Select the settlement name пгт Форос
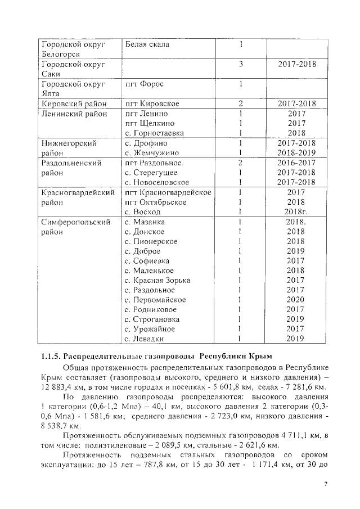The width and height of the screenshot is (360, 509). (x=144, y=84)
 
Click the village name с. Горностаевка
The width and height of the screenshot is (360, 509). (x=154, y=133)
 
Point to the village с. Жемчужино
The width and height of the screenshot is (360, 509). (x=152, y=153)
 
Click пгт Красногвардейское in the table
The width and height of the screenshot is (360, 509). (x=168, y=192)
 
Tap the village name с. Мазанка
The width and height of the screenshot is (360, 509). (x=145, y=222)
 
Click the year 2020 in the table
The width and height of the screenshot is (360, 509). (x=295, y=300)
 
